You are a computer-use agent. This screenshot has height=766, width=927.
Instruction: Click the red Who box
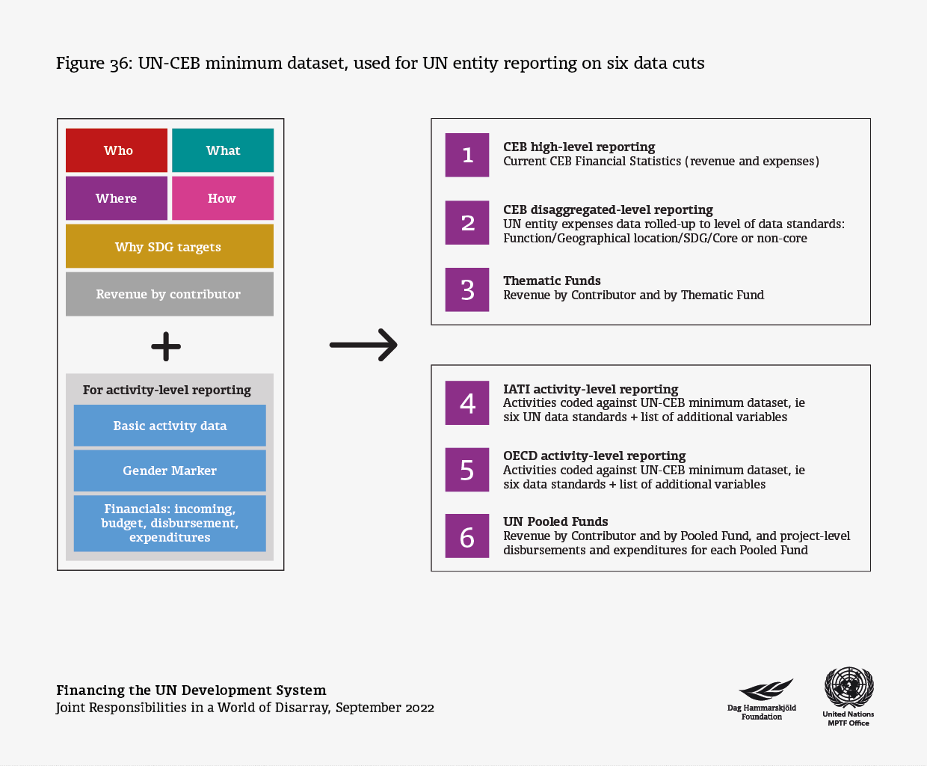[x=117, y=150]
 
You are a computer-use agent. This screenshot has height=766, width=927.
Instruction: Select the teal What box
[x=223, y=150]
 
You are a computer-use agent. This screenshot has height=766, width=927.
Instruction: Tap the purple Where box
[x=117, y=198]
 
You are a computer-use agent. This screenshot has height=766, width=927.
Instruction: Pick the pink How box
[x=223, y=198]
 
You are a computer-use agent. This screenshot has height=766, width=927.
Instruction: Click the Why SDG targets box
[x=170, y=246]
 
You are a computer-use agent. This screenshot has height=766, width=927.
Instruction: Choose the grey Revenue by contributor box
[x=170, y=294]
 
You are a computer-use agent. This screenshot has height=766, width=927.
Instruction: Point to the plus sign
[x=166, y=346]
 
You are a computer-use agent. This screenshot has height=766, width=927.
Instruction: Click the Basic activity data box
[x=170, y=425]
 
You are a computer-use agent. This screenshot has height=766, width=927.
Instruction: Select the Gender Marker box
[x=170, y=471]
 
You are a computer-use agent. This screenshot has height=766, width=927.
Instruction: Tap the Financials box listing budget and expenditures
[x=170, y=524]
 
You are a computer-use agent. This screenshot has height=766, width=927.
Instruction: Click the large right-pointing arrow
[x=363, y=345]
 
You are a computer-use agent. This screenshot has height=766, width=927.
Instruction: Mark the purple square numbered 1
[x=467, y=155]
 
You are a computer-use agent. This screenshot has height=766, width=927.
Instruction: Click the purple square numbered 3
[x=467, y=289]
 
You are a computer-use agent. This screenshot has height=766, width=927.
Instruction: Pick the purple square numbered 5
[x=467, y=470]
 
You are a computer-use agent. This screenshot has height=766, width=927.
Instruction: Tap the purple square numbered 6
[x=467, y=536]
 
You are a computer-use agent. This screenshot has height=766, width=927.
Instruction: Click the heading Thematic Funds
[x=552, y=281]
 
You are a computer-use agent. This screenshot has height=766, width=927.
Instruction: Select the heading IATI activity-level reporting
[x=591, y=389]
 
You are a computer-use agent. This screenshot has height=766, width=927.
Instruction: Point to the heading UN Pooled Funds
[x=555, y=521]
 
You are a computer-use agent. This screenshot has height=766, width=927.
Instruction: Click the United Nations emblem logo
[x=849, y=687]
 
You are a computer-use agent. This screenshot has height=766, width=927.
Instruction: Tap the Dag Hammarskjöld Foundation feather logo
[x=766, y=689]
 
